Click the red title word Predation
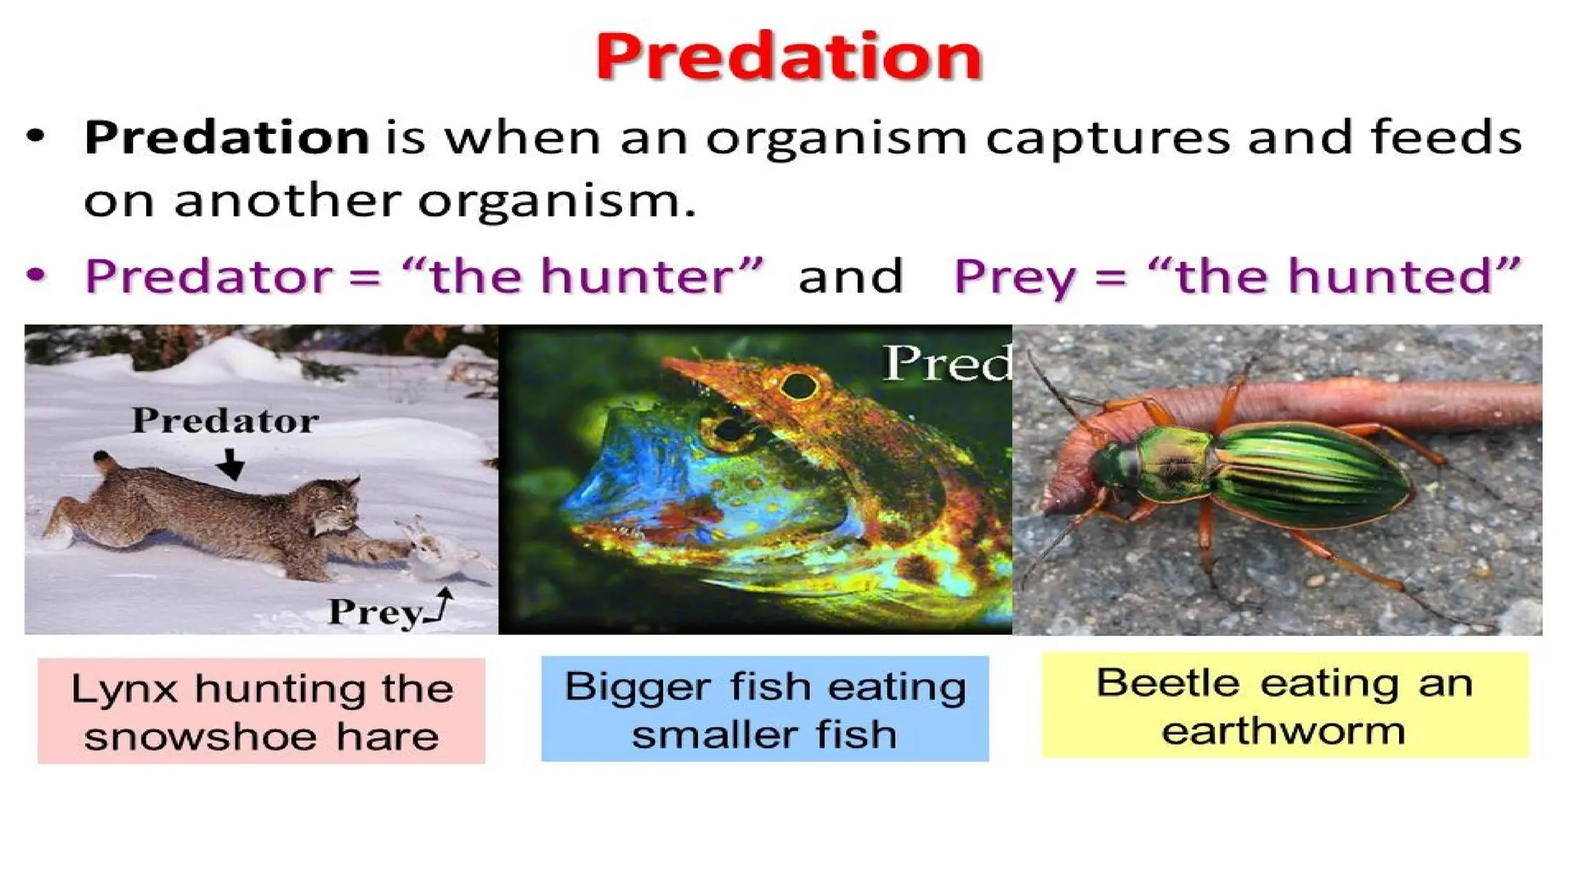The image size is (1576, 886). click(x=789, y=57)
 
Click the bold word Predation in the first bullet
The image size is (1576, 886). click(x=226, y=138)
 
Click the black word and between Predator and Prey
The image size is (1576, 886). click(x=850, y=277)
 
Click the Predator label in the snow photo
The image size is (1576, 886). click(x=225, y=421)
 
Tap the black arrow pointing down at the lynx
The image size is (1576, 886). click(x=230, y=465)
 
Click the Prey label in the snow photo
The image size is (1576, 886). click(x=375, y=612)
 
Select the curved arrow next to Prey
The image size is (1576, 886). click(x=442, y=605)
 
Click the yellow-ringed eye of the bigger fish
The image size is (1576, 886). click(x=799, y=385)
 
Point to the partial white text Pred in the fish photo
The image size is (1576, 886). click(x=947, y=363)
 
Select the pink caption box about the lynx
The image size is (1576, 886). click(x=262, y=711)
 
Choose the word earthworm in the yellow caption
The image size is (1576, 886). click(x=1284, y=730)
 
